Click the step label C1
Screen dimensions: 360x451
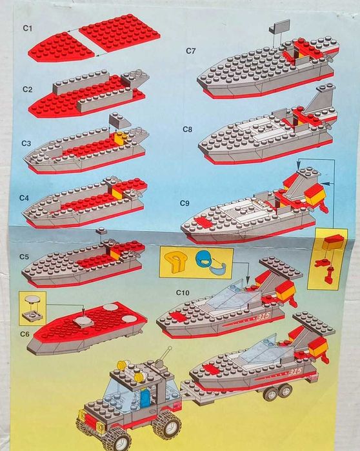27,28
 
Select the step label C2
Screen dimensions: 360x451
27,90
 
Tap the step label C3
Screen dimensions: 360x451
26,143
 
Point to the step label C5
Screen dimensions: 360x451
24,257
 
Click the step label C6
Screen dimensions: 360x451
25,334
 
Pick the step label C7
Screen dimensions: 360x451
190,51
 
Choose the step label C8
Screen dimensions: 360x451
187,130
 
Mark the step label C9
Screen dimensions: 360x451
185,203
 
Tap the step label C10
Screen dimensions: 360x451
183,293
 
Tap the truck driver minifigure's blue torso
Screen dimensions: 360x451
145,396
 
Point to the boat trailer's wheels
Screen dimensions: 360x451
279,391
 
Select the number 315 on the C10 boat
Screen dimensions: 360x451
263,316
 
